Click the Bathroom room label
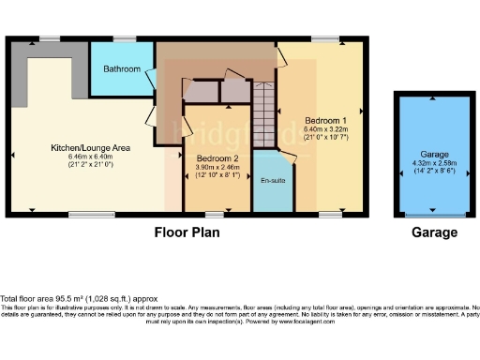pos(122,69)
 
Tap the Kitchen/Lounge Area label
pos(90,147)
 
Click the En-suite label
pos(273,179)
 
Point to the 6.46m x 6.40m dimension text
pos(90,157)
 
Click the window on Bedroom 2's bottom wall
pos(217,215)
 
